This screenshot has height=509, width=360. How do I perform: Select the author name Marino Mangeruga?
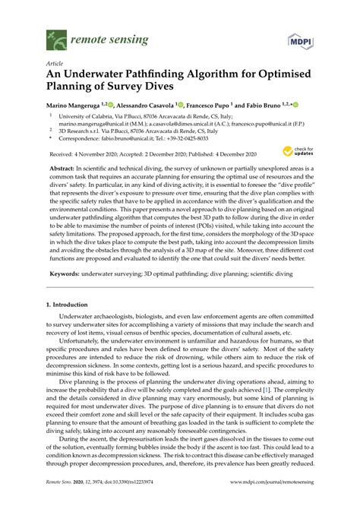[x=74, y=105]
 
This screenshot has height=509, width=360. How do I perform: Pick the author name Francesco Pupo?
[x=206, y=105]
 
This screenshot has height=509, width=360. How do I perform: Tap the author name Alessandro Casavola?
[x=141, y=105]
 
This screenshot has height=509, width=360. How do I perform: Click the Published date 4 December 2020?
[x=232, y=151]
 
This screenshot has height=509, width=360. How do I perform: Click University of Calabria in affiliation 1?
[x=90, y=115]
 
